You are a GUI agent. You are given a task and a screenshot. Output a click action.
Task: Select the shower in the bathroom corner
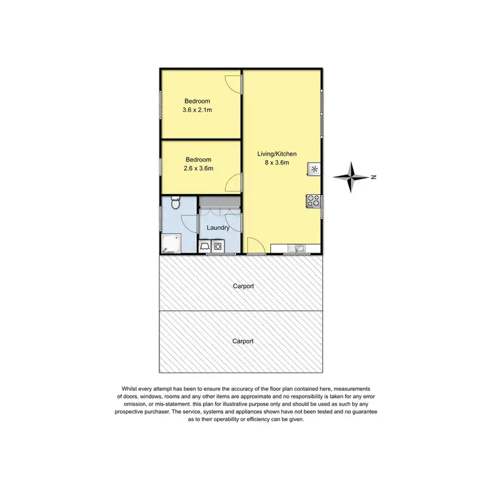pos(169,244)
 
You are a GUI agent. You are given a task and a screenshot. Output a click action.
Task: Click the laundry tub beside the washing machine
pos(205,247)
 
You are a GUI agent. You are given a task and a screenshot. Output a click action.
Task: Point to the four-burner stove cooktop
pos(313,201)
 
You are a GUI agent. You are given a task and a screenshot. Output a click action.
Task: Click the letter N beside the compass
pos(373,176)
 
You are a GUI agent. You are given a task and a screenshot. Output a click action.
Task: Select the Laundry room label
pos(218,228)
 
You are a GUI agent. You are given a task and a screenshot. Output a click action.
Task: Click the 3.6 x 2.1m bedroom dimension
pos(197,110)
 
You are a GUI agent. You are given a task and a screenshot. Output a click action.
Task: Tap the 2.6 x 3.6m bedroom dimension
pos(198,169)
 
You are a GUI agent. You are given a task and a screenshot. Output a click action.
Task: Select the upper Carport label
pos(243,287)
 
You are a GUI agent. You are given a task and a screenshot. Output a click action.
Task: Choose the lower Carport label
pos(243,341)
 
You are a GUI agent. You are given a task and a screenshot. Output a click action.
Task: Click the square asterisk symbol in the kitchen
pos(314,170)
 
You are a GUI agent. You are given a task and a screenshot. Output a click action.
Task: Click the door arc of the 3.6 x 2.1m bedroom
pos(234,84)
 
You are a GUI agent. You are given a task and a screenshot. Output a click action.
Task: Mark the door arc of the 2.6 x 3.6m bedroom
pos(234,183)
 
